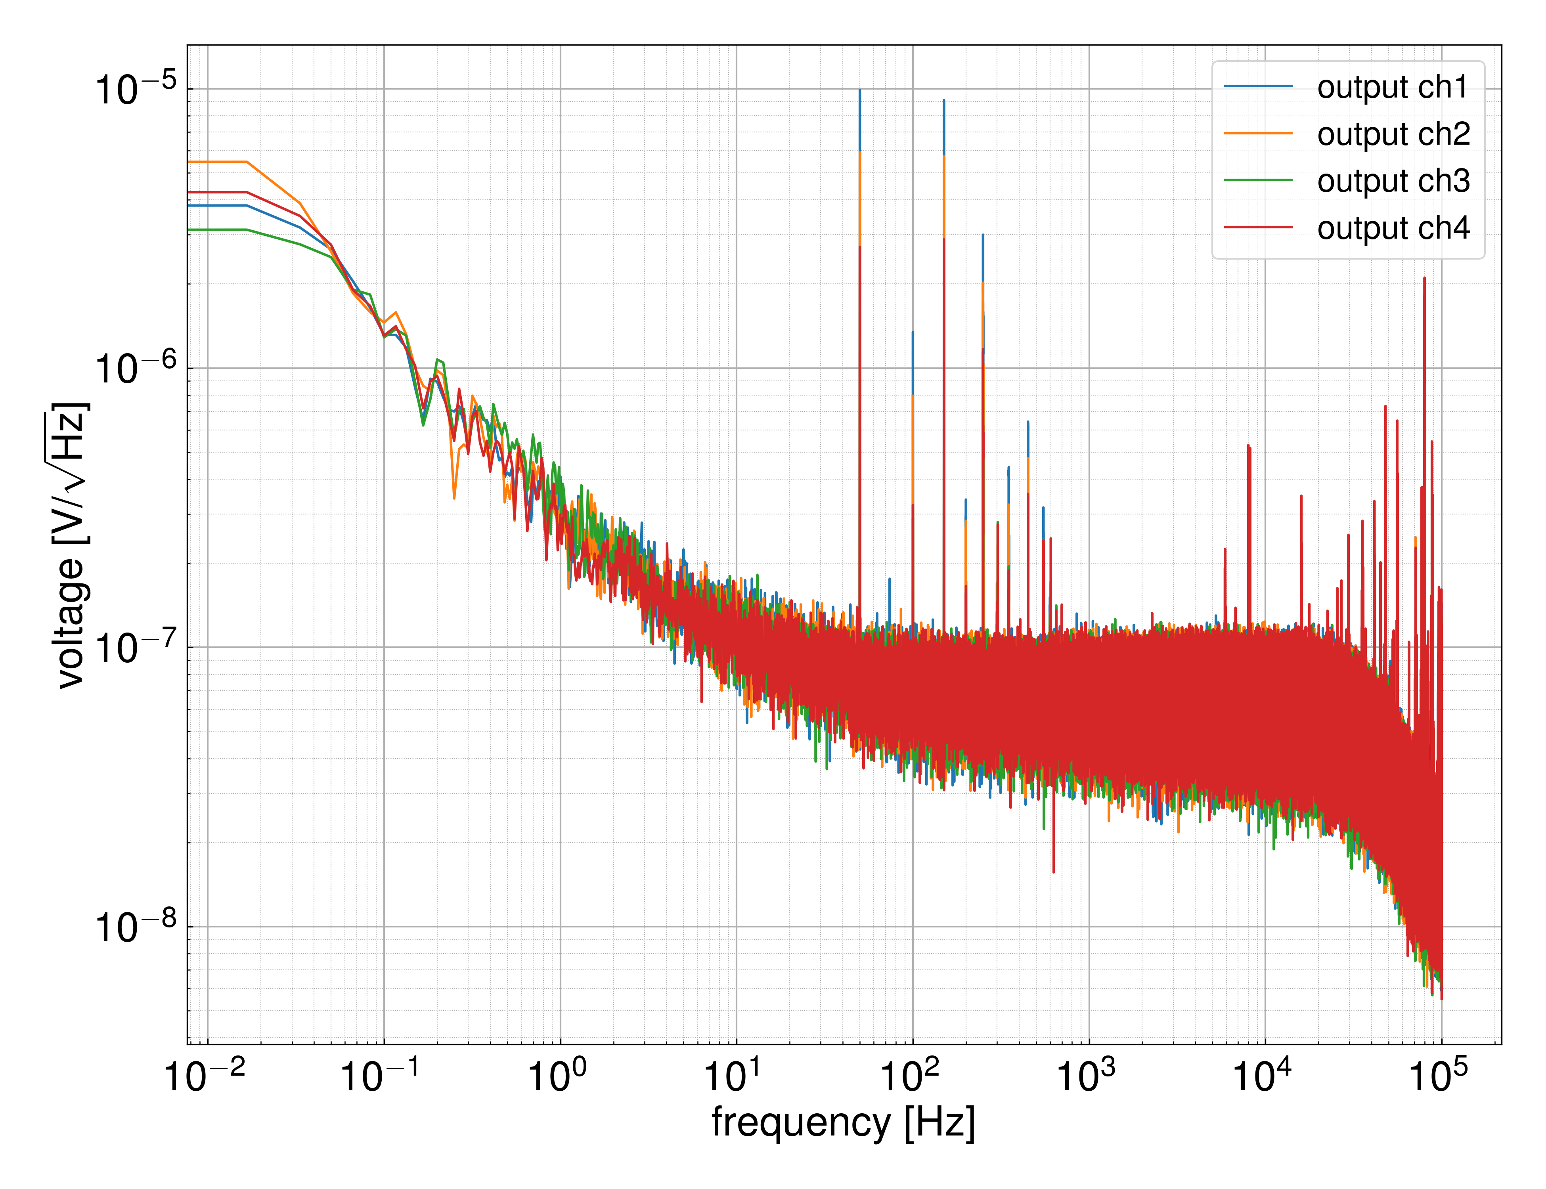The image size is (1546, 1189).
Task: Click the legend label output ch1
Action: click(x=1392, y=87)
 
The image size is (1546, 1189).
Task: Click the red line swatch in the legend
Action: click(x=1258, y=227)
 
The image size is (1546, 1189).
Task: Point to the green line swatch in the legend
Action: click(x=1258, y=180)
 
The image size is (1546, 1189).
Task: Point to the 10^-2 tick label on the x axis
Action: click(x=205, y=1076)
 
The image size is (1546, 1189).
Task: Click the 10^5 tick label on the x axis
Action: click(x=1439, y=1076)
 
